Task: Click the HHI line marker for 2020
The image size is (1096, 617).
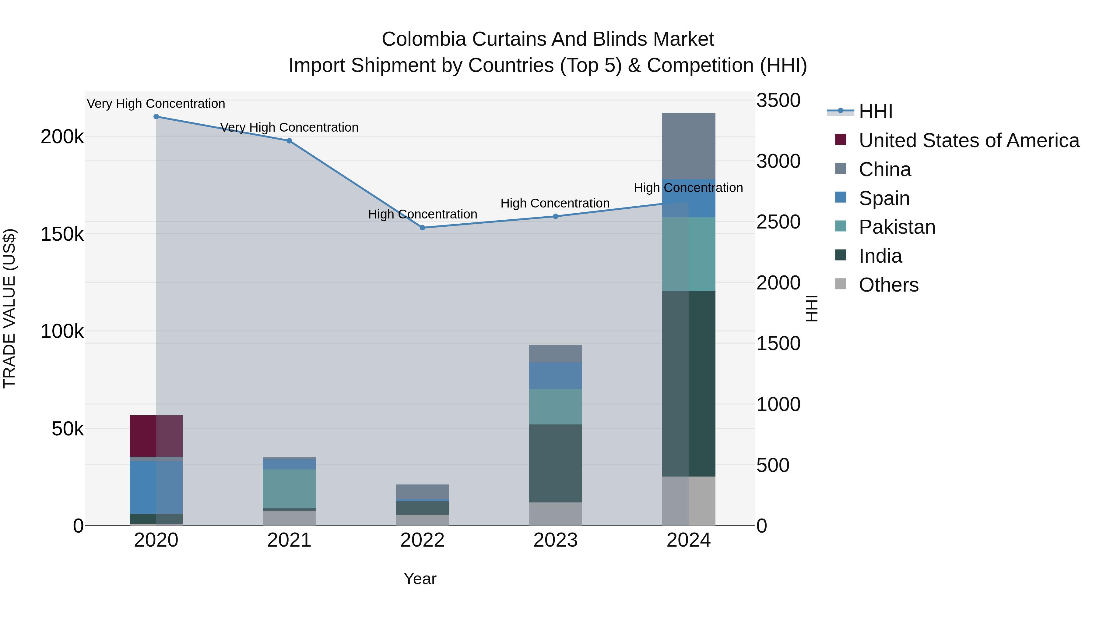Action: [x=156, y=117]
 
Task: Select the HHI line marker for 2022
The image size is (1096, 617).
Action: [x=423, y=228]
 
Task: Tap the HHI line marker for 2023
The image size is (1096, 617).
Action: [x=555, y=216]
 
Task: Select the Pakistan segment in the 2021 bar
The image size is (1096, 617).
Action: [x=289, y=488]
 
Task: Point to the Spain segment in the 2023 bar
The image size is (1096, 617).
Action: [x=555, y=376]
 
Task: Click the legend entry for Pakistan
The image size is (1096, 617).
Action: [x=897, y=227]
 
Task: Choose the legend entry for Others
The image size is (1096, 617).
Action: [x=888, y=285]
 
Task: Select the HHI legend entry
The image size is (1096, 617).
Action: [x=875, y=112]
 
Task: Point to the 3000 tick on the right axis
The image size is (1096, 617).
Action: [x=778, y=161]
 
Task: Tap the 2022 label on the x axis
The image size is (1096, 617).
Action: [x=423, y=540]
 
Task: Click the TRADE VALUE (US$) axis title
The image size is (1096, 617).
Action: [x=9, y=308]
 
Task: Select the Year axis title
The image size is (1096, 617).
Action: [x=420, y=579]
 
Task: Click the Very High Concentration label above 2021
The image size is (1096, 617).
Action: [x=289, y=127]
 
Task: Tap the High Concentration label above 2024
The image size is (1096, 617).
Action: [x=688, y=188]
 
